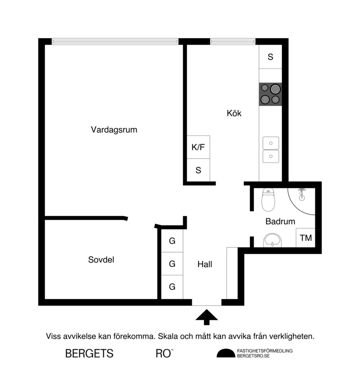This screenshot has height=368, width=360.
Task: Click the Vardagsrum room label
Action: point(114,129)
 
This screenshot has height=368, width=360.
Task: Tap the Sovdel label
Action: point(101,259)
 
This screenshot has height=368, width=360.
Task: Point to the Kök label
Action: point(234,114)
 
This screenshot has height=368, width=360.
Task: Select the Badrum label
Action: point(280,221)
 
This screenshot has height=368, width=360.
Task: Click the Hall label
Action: point(205,264)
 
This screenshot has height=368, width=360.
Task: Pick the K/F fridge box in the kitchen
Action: point(198,147)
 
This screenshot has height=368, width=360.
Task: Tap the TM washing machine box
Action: point(306,238)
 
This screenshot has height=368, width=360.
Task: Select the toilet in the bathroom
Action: point(268,200)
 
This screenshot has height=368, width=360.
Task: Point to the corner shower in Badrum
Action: point(302,198)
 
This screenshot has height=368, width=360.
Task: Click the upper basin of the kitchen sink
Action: point(271,143)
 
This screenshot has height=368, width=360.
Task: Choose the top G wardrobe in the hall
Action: point(172,241)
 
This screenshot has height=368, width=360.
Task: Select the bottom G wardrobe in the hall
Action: point(172,287)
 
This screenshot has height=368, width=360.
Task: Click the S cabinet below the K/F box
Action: point(198,170)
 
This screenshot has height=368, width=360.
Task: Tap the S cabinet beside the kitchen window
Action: point(270,57)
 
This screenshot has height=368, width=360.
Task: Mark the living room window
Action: point(115,42)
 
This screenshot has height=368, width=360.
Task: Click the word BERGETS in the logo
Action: point(89,353)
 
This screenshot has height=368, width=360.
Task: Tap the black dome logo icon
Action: point(225,353)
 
